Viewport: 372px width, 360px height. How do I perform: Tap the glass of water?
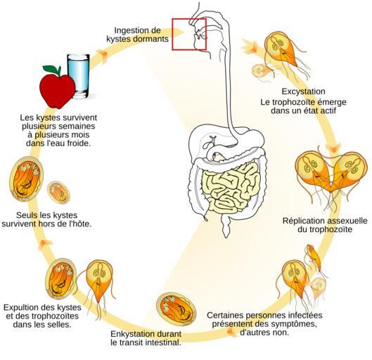pos(79,76)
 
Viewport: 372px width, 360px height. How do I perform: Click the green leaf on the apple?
pos(52,70)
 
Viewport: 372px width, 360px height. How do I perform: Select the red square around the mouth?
pos(189,34)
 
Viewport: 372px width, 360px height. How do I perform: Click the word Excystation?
pos(303,91)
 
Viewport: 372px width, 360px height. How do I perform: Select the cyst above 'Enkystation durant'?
pos(177,309)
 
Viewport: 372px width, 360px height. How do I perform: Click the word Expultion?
pos(20,307)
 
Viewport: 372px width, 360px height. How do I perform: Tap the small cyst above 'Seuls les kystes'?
pos(58,193)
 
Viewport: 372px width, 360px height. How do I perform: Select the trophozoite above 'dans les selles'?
pos(100,285)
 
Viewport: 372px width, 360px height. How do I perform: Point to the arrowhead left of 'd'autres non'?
pos(232,333)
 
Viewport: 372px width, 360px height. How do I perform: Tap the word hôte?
pos(82,224)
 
